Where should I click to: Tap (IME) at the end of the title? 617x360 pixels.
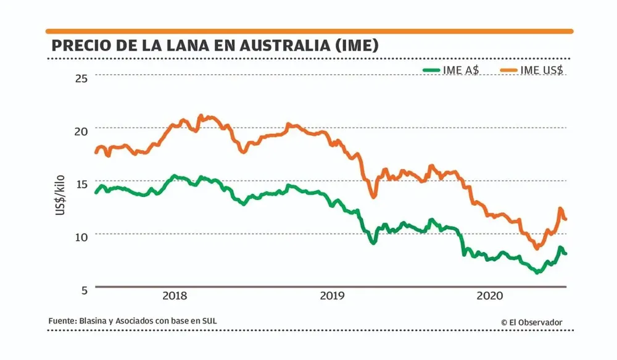[355, 46]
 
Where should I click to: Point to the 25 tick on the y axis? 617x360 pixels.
[81, 77]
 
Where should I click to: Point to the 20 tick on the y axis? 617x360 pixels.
[81, 130]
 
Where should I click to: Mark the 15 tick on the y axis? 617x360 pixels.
[81, 183]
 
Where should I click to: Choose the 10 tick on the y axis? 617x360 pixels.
[81, 236]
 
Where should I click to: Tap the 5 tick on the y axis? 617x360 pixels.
[84, 289]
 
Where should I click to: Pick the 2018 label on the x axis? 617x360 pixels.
[175, 296]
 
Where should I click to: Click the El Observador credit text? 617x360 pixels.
[536, 322]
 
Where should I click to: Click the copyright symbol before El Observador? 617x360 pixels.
[504, 322]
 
